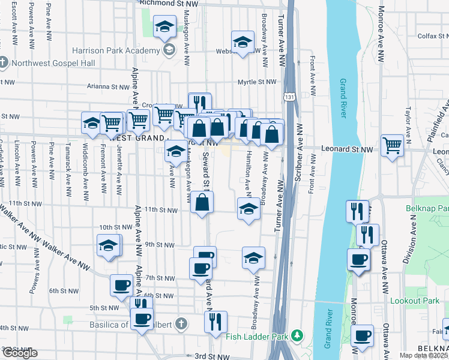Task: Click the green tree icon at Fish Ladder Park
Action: click(x=295, y=334)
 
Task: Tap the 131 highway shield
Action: click(x=290, y=97)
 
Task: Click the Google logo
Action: click(x=19, y=353)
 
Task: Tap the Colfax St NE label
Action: click(x=429, y=36)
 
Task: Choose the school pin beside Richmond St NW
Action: click(x=164, y=27)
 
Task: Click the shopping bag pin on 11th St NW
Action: click(x=203, y=202)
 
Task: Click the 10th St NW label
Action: click(x=113, y=227)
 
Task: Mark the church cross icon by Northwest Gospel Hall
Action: click(x=4, y=62)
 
